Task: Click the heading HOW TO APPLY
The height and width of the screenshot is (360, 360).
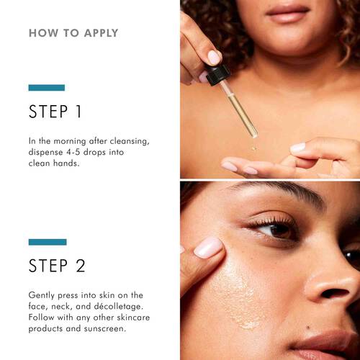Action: click(x=73, y=33)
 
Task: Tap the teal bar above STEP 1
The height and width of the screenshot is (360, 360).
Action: click(x=46, y=88)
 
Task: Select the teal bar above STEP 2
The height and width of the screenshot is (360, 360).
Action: click(x=48, y=242)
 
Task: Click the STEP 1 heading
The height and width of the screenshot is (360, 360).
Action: click(x=57, y=112)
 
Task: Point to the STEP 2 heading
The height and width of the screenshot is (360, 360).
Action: click(x=58, y=266)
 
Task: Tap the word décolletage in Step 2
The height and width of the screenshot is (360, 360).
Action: click(x=118, y=307)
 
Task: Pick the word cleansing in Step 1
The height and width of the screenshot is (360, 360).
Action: click(x=127, y=140)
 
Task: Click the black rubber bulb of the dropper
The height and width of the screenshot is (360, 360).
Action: click(x=217, y=75)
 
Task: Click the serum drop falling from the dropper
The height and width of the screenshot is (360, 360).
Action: click(x=253, y=148)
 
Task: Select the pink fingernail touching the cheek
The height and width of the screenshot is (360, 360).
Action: click(x=210, y=248)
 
